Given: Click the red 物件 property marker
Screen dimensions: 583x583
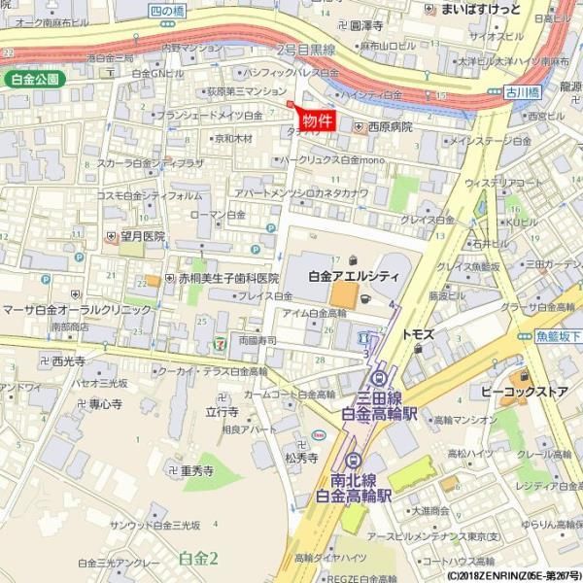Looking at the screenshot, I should coord(317,120).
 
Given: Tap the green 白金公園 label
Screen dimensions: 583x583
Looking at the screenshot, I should coord(36,79).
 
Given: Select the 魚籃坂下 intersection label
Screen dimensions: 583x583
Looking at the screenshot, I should coord(558,336).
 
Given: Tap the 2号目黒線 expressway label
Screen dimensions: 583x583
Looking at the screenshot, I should coord(306,51).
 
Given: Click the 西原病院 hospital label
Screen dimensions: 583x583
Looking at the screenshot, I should coord(390,126).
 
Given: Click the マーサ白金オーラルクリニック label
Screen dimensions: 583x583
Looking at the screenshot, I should coord(77,309).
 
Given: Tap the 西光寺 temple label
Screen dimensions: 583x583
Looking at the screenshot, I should coord(68,361).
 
